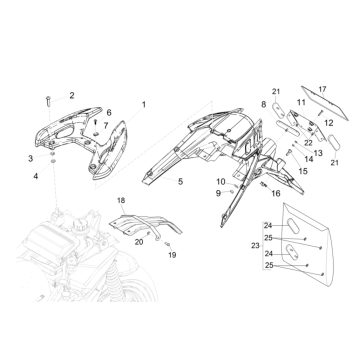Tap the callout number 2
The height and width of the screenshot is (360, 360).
point(71,95)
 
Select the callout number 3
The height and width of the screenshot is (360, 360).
point(31,158)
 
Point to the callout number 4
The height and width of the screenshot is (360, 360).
point(37,176)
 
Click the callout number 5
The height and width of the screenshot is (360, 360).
point(180,181)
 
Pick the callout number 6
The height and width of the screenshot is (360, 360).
point(109,113)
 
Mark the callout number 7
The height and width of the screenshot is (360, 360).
point(106,126)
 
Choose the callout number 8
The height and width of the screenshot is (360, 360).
point(264,104)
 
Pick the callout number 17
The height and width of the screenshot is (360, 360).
point(322,88)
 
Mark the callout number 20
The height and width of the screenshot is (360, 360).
point(138,242)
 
